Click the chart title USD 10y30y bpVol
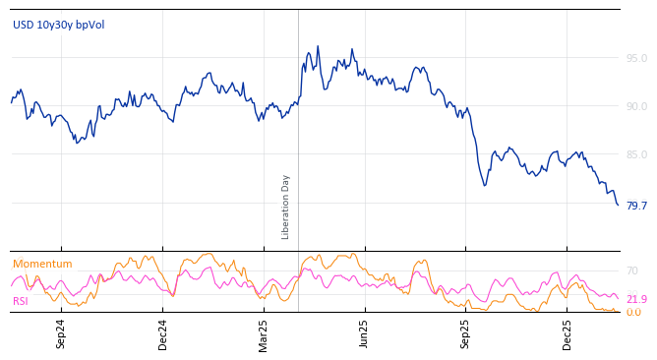(58, 25)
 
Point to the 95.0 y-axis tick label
(636, 58)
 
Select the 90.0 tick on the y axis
(636, 106)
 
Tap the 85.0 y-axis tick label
(636, 154)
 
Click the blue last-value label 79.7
(636, 206)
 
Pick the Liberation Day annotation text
(286, 207)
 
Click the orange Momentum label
(42, 264)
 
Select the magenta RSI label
(21, 301)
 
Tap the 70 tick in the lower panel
(632, 270)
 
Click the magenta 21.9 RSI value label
(636, 299)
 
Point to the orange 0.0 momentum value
(633, 312)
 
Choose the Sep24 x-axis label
(61, 333)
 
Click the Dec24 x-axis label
(163, 333)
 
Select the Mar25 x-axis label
(264, 333)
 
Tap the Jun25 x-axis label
(365, 333)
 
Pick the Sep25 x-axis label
(465, 333)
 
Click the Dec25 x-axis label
(567, 333)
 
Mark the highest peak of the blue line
(318, 46)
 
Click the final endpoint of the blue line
(618, 205)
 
